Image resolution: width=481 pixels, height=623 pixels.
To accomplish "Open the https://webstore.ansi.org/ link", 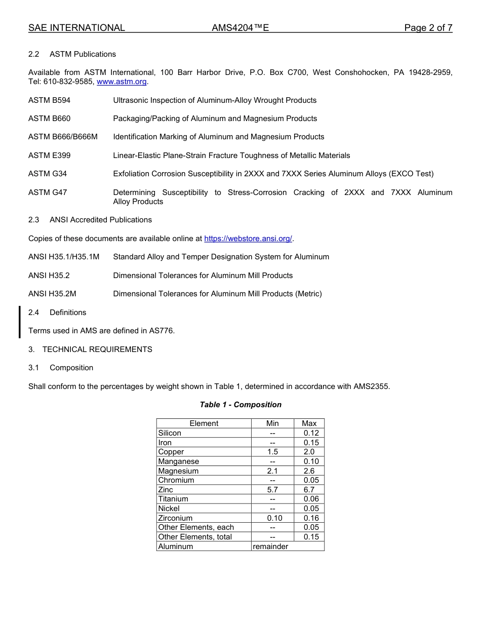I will point(248,239).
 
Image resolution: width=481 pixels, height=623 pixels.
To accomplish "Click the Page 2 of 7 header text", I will point(428,28).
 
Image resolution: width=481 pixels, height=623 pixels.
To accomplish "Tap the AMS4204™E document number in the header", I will point(240,28).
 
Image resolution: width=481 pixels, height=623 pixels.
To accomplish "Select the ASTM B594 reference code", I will point(49,100).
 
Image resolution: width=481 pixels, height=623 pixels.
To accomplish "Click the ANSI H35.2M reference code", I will point(52,294).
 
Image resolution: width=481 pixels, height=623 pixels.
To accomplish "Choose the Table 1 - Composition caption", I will point(240,405).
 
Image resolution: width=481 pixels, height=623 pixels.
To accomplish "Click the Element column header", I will point(204,423).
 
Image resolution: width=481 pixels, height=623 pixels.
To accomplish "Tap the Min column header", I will point(272,423).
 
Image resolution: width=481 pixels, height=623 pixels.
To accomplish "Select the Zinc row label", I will point(166,490).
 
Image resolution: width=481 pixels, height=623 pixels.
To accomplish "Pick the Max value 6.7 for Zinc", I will point(309,490).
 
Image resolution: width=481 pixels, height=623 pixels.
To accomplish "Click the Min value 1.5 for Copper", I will point(272,452).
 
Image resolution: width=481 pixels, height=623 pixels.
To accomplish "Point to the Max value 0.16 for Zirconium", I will point(311,518).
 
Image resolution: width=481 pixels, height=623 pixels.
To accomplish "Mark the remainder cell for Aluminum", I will point(270,547).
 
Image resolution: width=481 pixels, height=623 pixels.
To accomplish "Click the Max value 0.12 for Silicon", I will point(311,433).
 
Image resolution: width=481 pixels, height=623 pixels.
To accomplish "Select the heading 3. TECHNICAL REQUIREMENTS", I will point(90,349).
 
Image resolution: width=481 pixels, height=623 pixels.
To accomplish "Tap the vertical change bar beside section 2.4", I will point(20,322).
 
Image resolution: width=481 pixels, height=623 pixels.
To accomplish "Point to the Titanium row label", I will point(173,499).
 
